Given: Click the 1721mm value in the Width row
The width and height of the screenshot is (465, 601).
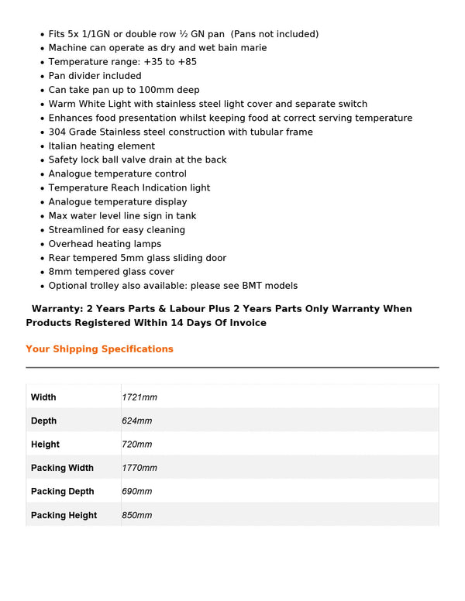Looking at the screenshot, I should [x=139, y=397].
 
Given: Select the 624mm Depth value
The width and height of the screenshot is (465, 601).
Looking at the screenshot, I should [x=136, y=421].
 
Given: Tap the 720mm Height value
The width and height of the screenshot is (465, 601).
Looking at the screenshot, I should [x=136, y=445].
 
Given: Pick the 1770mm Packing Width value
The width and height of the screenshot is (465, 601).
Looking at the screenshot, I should [x=139, y=468].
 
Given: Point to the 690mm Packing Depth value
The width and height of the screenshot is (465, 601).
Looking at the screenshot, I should [x=136, y=492].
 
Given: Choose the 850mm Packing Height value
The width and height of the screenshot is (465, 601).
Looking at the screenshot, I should [x=136, y=515].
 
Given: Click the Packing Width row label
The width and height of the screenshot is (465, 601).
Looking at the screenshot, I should [x=62, y=468].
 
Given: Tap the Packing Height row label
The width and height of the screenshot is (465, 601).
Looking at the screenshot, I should [x=64, y=515].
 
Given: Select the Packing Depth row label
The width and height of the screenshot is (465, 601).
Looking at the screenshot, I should [x=62, y=492].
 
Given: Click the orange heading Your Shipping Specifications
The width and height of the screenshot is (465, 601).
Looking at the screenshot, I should [x=99, y=349].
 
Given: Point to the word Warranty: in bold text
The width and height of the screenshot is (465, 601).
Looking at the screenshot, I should [x=57, y=308].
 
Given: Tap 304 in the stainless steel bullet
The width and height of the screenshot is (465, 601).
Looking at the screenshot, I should [x=57, y=132].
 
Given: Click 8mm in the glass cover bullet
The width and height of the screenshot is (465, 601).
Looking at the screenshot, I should [x=60, y=272].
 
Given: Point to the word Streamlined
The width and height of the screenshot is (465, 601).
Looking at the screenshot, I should [x=77, y=230].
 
